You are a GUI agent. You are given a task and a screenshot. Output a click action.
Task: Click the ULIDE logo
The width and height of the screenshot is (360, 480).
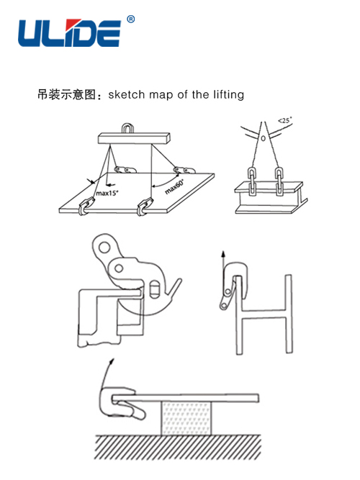70,33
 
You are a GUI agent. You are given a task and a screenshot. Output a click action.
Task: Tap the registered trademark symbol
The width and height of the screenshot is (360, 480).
130,19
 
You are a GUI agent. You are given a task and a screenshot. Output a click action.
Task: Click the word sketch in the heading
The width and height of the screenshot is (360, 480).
126,94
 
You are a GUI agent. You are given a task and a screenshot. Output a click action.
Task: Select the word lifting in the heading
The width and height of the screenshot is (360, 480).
228,95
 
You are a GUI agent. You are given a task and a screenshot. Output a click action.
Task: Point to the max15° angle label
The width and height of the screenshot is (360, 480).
107,193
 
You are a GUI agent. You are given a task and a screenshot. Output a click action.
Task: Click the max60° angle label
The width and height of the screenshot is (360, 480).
174,186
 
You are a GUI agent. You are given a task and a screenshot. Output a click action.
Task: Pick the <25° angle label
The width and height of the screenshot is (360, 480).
285,120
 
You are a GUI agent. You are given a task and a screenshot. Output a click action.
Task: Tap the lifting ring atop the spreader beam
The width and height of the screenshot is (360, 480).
127,128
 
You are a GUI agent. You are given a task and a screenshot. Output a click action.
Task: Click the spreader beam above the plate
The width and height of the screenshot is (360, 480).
134,138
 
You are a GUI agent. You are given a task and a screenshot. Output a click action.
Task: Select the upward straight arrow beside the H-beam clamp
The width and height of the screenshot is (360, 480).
223,263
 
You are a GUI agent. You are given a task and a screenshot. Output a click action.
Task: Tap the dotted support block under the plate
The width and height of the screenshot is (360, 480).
186,418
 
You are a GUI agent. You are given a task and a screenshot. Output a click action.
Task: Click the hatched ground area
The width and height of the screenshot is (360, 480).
177,447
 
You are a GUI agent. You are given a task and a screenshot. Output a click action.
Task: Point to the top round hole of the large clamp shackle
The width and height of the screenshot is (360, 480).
104,247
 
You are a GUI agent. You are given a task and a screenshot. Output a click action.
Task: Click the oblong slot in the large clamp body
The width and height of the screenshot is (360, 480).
156,289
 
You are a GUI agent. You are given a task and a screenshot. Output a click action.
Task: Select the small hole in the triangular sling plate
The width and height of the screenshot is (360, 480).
264,138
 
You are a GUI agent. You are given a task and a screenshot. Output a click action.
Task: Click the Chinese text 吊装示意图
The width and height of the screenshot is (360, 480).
66,94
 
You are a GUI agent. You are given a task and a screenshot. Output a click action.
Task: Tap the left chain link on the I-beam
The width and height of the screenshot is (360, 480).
252,181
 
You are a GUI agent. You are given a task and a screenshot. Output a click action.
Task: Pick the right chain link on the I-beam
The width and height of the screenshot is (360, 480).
279,181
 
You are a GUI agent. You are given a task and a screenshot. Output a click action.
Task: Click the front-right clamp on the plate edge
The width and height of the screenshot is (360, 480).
145,207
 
